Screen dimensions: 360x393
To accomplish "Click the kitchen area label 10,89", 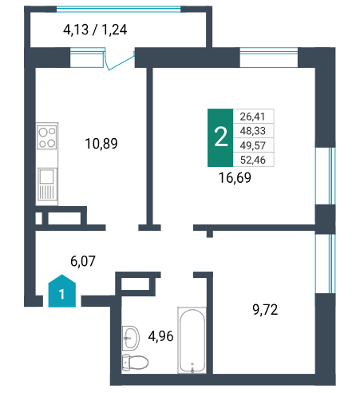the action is tap(101, 144).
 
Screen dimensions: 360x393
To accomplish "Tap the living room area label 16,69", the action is tap(235, 177).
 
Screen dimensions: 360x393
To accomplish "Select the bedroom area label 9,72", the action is tap(265, 310).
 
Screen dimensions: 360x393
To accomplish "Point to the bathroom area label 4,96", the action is tap(160, 336).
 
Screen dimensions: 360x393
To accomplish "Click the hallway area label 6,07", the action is tap(83, 261).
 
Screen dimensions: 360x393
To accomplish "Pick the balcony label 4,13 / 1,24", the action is tap(95, 30).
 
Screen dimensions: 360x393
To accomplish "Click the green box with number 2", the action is tap(220, 137).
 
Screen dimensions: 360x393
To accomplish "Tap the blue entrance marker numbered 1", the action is tap(62, 291).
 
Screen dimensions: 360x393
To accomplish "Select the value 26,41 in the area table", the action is tap(252, 117).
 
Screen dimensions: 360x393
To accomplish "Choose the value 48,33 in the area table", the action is tap(252, 131).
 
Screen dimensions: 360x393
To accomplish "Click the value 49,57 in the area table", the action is tap(252, 145).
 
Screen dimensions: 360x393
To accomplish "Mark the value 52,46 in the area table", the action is tap(252, 160).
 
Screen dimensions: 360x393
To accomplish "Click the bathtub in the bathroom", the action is tap(192, 340).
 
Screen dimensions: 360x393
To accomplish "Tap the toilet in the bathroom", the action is tap(135, 362).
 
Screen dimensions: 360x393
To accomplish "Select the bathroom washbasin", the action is tap(131, 338).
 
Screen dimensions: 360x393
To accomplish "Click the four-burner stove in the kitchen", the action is tap(47, 138).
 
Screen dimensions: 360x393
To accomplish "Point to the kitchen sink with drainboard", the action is tap(47, 184).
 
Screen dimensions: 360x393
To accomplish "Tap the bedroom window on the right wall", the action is tap(326, 264).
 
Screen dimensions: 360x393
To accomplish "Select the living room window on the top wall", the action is tap(269, 58).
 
